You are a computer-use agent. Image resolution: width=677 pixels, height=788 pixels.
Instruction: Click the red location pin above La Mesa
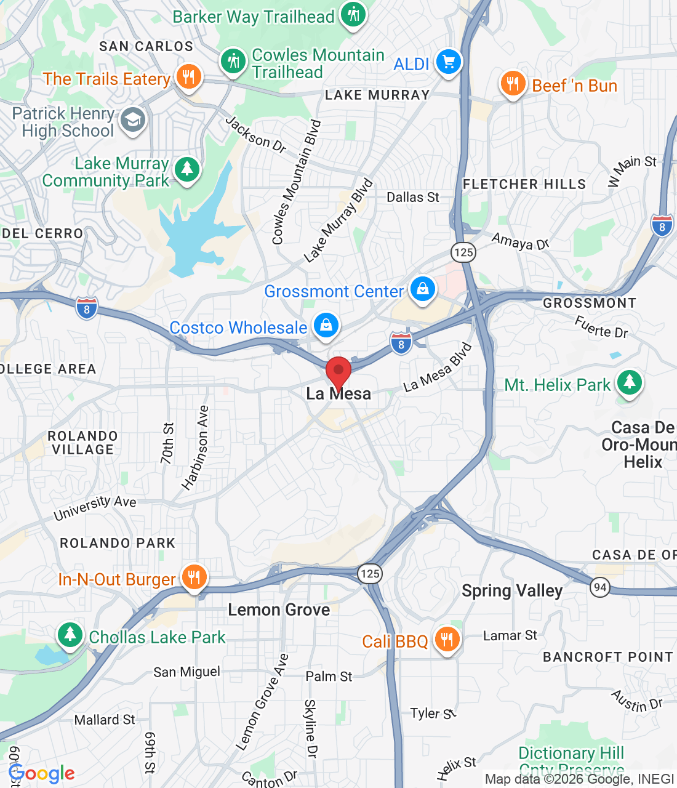pyautogui.click(x=338, y=371)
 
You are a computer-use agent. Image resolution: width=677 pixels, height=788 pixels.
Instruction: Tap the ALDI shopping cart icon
pyautogui.click(x=448, y=62)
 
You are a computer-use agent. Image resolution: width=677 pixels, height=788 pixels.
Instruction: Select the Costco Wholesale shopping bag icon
pyautogui.click(x=326, y=324)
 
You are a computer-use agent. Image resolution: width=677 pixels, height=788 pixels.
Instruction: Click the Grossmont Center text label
pyautogui.click(x=334, y=291)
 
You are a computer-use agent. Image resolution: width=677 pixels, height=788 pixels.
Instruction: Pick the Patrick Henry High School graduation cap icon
pyautogui.click(x=132, y=119)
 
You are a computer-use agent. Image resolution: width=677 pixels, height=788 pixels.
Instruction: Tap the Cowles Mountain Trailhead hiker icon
pyautogui.click(x=233, y=61)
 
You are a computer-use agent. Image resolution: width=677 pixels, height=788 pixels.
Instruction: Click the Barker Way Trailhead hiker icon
pyautogui.click(x=353, y=14)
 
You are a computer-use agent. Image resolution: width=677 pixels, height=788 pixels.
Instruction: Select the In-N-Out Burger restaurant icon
pyautogui.click(x=194, y=577)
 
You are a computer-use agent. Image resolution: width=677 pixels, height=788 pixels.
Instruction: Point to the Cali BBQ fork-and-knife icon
pyautogui.click(x=447, y=639)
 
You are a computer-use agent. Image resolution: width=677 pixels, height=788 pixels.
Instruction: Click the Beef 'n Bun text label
pyautogui.click(x=574, y=86)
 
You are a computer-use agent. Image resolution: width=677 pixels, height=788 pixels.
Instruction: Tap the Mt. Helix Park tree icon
pyautogui.click(x=629, y=382)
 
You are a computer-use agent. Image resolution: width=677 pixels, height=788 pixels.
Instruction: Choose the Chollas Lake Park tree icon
pyautogui.click(x=70, y=634)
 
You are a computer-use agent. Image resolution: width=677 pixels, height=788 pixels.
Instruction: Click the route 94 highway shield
pyautogui.click(x=600, y=587)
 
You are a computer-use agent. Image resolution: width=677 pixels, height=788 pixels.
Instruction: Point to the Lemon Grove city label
pyautogui.click(x=279, y=609)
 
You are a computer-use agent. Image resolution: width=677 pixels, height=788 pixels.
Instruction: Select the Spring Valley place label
pyautogui.click(x=512, y=590)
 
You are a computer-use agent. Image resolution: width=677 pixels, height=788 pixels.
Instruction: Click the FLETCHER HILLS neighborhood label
pyautogui.click(x=524, y=184)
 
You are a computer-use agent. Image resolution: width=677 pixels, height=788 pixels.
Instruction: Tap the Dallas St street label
pyautogui.click(x=413, y=197)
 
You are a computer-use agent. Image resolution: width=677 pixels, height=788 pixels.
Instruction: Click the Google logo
pyautogui.click(x=42, y=773)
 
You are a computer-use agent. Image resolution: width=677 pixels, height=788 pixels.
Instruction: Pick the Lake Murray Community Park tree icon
pyautogui.click(x=187, y=169)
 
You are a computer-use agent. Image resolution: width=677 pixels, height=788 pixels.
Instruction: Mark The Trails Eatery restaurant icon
pyautogui.click(x=188, y=77)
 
